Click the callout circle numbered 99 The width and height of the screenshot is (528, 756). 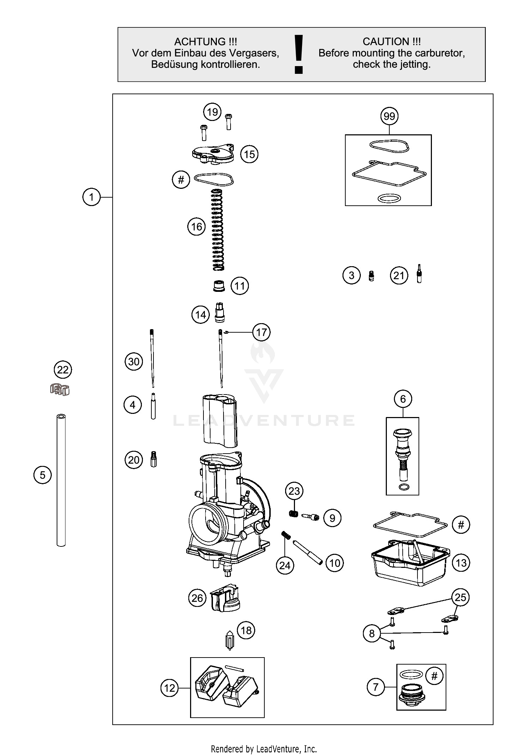pos(389,116)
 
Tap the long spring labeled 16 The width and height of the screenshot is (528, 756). pos(218,230)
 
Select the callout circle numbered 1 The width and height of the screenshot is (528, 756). pos(92,197)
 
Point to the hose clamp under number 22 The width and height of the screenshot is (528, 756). pos(59,389)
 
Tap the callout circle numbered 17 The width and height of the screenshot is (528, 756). pos(262,332)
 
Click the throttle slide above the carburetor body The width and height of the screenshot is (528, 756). pos(220,420)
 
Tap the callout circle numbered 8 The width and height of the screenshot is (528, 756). pos(372,634)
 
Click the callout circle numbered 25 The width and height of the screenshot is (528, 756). pos(460,597)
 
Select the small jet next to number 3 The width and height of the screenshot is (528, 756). pos(371,276)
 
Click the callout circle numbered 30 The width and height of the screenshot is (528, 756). pos(134,361)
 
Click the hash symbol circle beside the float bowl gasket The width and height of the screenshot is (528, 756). pos(461,525)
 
